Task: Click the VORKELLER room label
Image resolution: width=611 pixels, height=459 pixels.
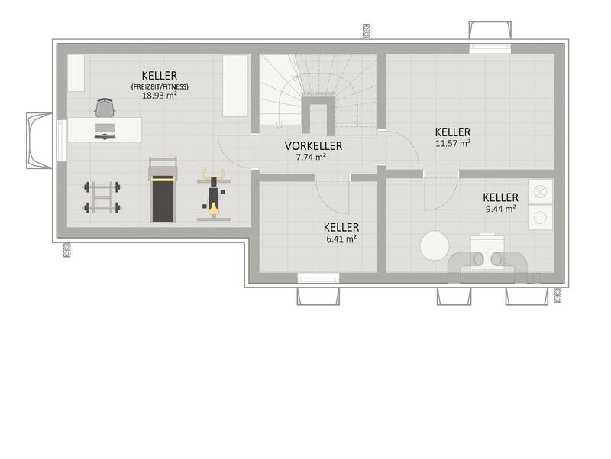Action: pos(313,146)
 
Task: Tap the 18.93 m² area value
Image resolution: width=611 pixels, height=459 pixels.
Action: pos(160,95)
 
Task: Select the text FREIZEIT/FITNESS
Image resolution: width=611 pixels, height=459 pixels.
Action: pos(160,86)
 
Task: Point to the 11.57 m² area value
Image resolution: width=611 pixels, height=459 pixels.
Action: pos(453,143)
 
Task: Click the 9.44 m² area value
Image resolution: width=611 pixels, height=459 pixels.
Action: pos(501,209)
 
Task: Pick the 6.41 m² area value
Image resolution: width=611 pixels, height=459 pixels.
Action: pos(341,239)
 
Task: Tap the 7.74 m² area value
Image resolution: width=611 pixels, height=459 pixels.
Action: pos(311,158)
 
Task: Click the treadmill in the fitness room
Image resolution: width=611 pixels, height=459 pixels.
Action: pos(163,189)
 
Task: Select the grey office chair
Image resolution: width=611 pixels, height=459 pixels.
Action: pos(105,107)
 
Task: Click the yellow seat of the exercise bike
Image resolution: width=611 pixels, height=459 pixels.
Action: pos(213,209)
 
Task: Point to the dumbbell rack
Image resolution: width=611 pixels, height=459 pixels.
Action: pos(102,197)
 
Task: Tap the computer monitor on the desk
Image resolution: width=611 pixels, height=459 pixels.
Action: pos(105,128)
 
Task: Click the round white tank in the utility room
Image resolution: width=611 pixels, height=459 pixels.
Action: pos(435,246)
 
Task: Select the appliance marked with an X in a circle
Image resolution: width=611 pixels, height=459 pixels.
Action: pos(541,192)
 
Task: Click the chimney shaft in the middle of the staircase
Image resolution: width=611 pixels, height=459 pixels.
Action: pos(318,116)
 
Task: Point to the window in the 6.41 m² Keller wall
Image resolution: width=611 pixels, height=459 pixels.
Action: pos(318,278)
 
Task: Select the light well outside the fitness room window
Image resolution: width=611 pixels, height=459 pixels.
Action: pos(40,141)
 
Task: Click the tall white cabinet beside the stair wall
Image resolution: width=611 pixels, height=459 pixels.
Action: pos(235,86)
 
